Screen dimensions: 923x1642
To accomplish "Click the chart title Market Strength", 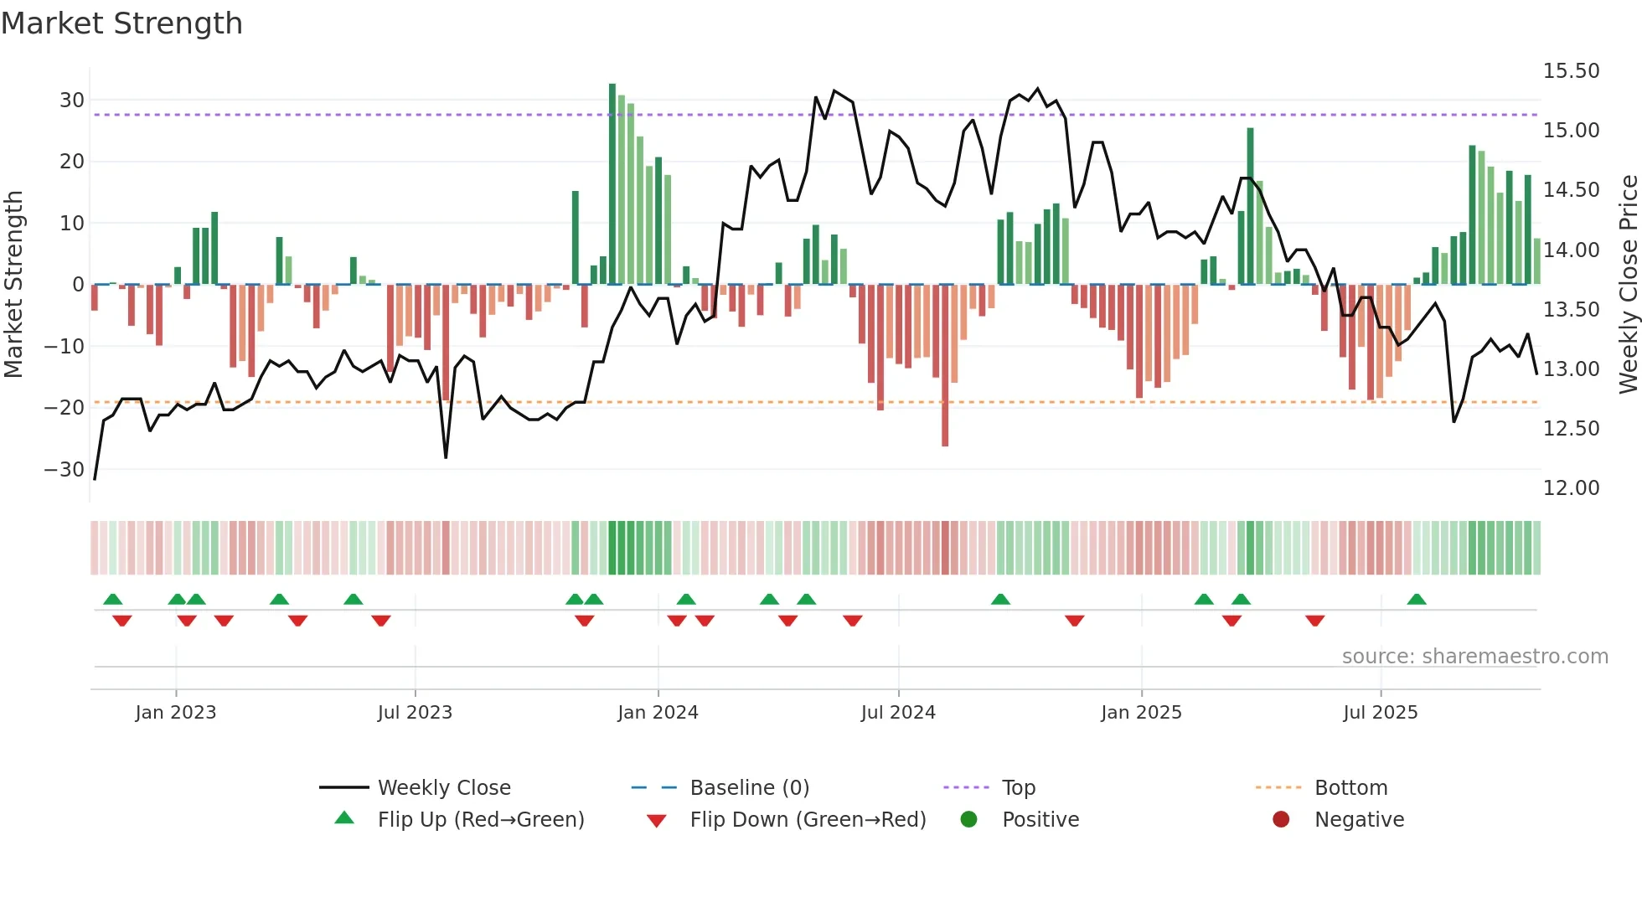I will pos(121,23).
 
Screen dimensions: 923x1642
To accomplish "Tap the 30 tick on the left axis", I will pos(71,101).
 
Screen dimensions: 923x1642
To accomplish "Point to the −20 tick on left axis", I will pos(65,408).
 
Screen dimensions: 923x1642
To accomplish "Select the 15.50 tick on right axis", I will pos(1571,71).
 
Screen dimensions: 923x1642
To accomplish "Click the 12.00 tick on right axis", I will pos(1571,488).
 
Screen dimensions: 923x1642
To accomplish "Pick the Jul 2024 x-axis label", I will pos(898,713).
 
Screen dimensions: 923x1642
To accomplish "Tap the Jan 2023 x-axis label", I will pos(176,713).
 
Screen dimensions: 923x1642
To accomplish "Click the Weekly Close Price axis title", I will pos(1628,285).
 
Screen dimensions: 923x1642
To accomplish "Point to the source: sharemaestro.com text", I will pos(1474,657).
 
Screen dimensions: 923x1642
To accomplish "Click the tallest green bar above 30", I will pos(612,184).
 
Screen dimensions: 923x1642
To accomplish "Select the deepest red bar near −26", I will pos(945,365).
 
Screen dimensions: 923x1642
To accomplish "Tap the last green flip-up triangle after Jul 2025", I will pos(1417,600).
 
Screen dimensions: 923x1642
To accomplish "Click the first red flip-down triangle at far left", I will pos(122,621).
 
